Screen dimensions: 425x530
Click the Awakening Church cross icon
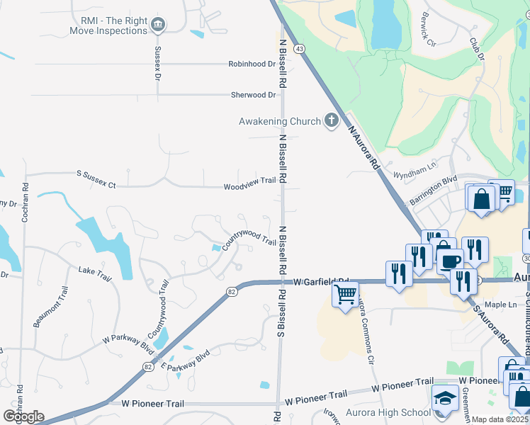click(331, 120)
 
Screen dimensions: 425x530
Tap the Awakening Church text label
click(279, 121)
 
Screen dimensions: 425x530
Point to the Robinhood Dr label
click(252, 64)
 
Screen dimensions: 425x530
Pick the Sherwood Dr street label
click(253, 95)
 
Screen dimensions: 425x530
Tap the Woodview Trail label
click(249, 181)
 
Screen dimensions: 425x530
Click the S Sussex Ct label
click(96, 178)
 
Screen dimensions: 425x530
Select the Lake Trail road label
click(95, 273)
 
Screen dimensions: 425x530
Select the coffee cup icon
click(449, 260)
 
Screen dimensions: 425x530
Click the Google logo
click(23, 416)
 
